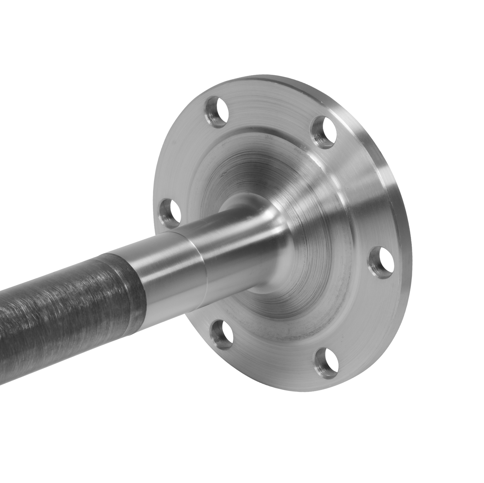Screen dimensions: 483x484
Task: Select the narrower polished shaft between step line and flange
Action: tap(232, 251)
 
